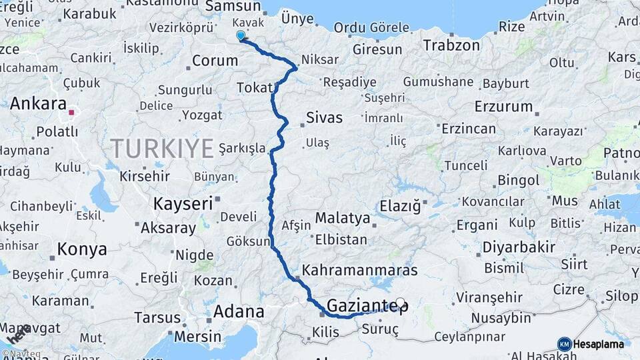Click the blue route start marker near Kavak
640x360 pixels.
point(241,35)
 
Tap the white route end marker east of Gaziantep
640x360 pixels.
point(400,301)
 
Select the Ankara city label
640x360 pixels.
point(39,104)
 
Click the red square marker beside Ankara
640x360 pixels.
point(71,112)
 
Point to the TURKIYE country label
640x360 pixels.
point(162,147)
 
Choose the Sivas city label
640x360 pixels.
point(324,118)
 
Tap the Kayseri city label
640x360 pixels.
point(183,203)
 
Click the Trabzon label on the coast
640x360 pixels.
point(451,45)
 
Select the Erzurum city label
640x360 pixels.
point(503,106)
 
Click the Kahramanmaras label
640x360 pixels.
point(360,270)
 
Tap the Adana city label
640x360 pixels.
point(239,311)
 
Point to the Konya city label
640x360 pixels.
point(81,249)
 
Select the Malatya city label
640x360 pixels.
point(342,217)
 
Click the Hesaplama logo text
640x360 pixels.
point(599,344)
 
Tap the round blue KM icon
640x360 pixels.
point(564,344)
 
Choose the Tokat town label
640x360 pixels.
point(254,88)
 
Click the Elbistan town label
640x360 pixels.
point(341,239)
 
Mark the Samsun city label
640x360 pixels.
point(233,6)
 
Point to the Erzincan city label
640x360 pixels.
point(468,129)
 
